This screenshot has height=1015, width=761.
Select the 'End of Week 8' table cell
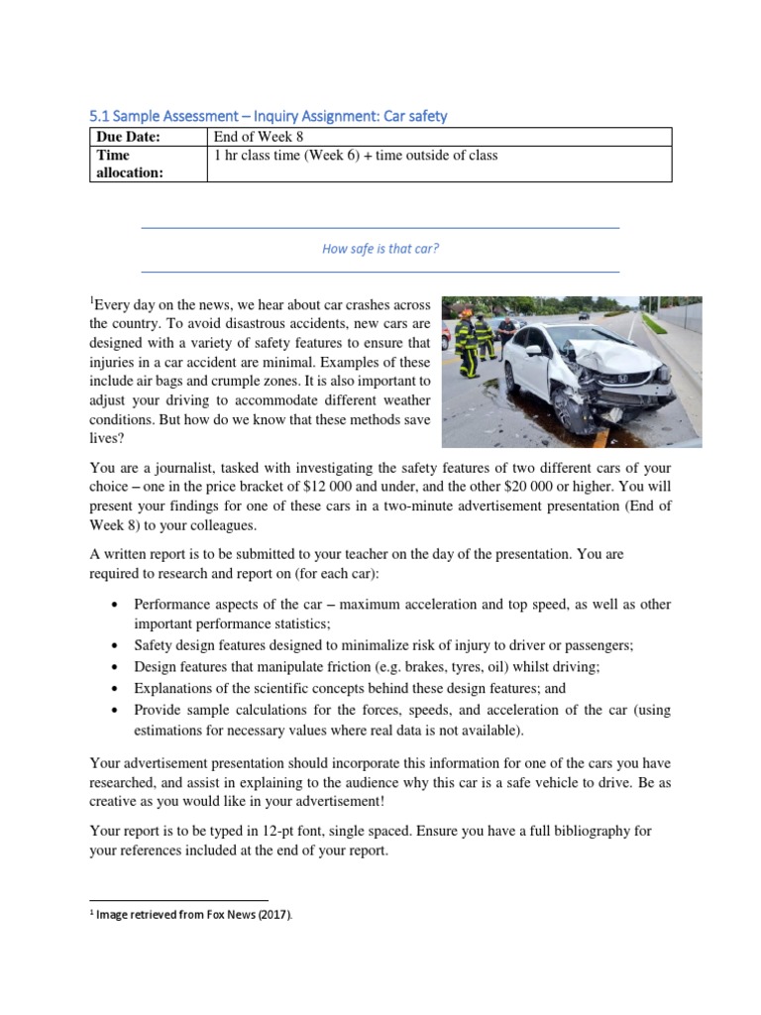click(260, 137)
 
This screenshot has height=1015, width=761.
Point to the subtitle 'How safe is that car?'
click(380, 249)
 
